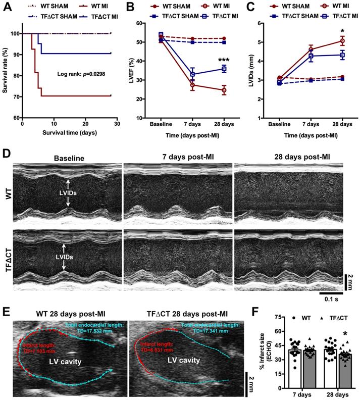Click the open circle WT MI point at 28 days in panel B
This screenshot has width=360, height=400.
[224, 91]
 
